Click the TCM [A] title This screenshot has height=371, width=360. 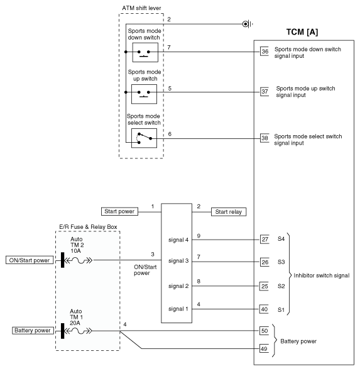point(302,32)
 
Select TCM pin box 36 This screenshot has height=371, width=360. point(265,52)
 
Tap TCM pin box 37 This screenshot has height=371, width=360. point(265,92)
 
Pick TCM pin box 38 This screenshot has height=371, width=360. point(265,138)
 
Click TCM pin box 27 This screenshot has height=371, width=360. point(265,239)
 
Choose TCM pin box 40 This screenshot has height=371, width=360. point(264,309)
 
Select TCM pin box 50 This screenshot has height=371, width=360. point(265,331)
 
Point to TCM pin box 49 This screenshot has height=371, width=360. point(264,348)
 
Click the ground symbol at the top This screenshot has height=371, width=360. point(248,24)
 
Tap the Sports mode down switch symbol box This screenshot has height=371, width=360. point(145,52)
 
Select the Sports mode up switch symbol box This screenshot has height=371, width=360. point(145,94)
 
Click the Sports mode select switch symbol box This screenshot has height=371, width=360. point(145,138)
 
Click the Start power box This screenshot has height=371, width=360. point(119,211)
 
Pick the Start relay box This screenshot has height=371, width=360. point(229,212)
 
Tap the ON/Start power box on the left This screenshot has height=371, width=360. point(30,260)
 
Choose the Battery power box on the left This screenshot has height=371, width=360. point(33,331)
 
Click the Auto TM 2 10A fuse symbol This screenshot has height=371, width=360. point(79,260)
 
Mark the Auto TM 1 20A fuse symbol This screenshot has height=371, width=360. point(78,331)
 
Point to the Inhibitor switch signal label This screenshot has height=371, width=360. point(322,275)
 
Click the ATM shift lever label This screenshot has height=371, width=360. point(141,8)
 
